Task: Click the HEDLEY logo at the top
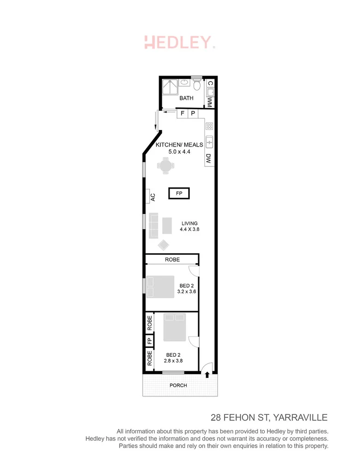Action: point(179,42)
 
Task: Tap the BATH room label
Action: point(186,98)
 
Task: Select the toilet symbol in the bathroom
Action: point(197,85)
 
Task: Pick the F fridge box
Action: point(182,113)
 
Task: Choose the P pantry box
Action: point(193,113)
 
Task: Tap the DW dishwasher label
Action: point(208,159)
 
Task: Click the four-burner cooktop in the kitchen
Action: point(209,126)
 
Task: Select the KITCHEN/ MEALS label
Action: point(179,145)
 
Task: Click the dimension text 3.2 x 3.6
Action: point(186,292)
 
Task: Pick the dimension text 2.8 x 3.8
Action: point(174,361)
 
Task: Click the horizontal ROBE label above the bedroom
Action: point(172,260)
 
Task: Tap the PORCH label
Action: point(178,385)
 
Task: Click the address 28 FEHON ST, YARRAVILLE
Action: point(269,418)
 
